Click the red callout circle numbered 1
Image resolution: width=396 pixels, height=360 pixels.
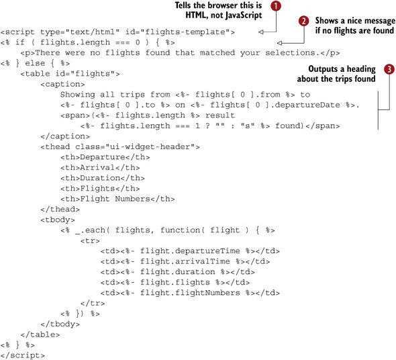pos(276,6)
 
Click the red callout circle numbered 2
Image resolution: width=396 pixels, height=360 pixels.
pos(303,21)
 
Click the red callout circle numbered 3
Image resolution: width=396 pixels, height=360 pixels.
pos(389,69)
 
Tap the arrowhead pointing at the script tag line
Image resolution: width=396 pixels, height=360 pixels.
pos(261,32)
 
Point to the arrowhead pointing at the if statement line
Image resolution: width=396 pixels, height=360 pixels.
pos(280,43)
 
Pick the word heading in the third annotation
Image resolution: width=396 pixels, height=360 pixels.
pos(361,69)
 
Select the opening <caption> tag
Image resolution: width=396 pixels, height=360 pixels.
pos(62,84)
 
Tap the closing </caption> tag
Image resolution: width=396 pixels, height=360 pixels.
pos(65,136)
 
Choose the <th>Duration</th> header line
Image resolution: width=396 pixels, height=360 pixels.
pos(103,178)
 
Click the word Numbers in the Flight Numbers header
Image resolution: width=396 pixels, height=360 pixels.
pos(133,199)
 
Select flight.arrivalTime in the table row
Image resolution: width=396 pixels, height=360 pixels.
pos(185,261)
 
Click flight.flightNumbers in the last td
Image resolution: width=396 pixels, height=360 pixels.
pos(190,293)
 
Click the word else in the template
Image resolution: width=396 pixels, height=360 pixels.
pos(35,63)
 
